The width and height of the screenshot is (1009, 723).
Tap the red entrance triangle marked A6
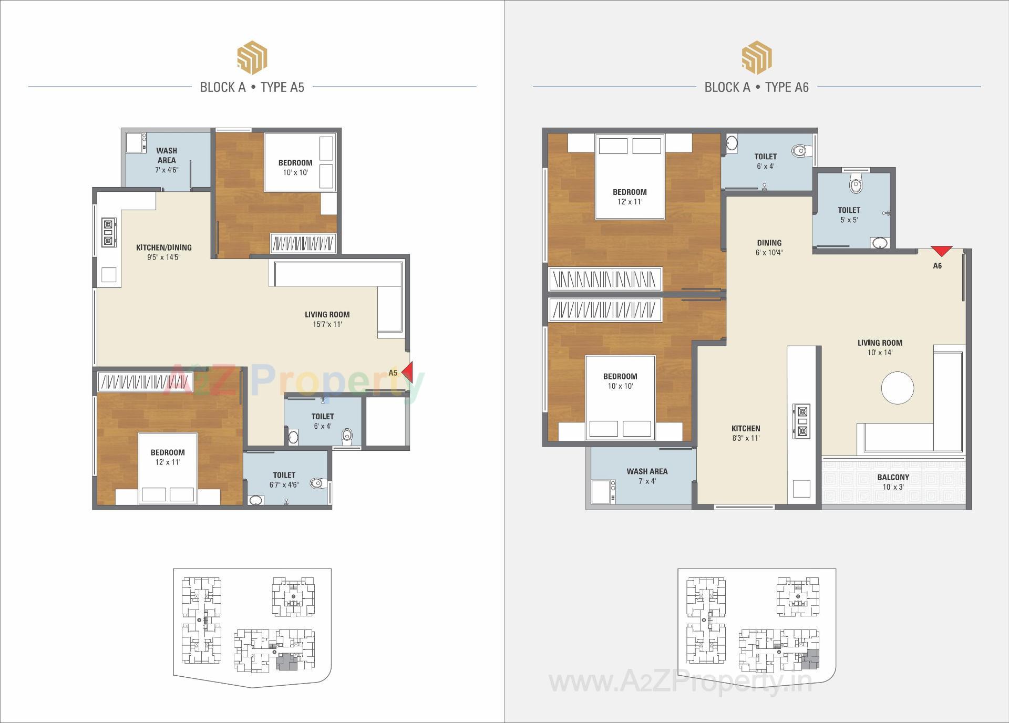point(941,251)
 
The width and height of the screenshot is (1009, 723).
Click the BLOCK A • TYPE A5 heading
point(252,87)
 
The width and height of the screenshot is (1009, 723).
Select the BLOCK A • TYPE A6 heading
point(756,87)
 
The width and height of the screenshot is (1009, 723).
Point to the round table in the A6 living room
point(897,388)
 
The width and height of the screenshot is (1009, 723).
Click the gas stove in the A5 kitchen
point(108,232)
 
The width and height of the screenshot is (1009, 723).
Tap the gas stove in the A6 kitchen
point(801,421)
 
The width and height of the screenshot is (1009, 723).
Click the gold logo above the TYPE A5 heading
point(252,58)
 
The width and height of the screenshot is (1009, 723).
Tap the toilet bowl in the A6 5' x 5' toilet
point(856,185)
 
